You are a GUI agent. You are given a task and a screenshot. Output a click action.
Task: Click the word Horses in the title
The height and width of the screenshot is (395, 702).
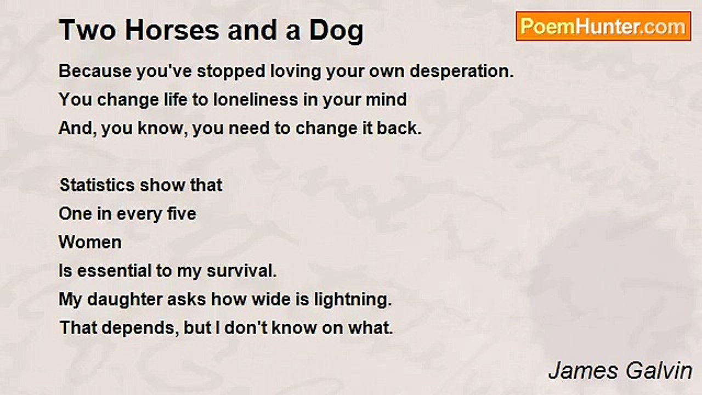click(x=172, y=30)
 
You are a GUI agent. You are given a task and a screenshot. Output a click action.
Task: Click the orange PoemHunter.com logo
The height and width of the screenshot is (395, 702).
click(x=603, y=26)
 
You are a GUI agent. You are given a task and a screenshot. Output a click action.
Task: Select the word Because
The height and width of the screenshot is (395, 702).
click(x=95, y=71)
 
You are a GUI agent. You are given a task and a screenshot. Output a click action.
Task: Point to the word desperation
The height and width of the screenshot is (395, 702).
click(x=462, y=72)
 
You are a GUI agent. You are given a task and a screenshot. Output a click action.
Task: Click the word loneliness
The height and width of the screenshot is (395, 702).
click(x=256, y=100)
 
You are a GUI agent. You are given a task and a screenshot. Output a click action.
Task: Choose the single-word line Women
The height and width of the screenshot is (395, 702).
click(x=90, y=242)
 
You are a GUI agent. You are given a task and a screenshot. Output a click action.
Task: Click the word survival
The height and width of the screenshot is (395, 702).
click(x=242, y=271)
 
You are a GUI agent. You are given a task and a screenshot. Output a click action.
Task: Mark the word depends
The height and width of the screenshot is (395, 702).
click(x=140, y=329)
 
